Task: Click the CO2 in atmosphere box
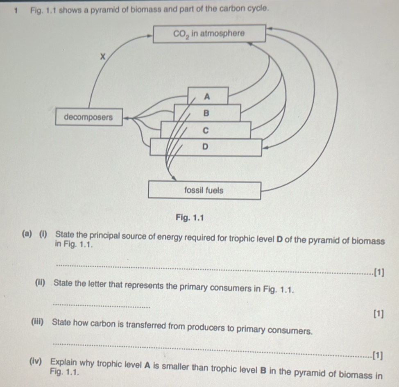(x=209, y=33)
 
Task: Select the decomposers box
(x=88, y=117)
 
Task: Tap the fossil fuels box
(x=204, y=191)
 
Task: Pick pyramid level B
(x=206, y=113)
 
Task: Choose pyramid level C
(x=206, y=130)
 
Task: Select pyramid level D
(x=205, y=147)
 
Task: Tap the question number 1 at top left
(x=15, y=9)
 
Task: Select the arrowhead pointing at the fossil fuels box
(x=175, y=179)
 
